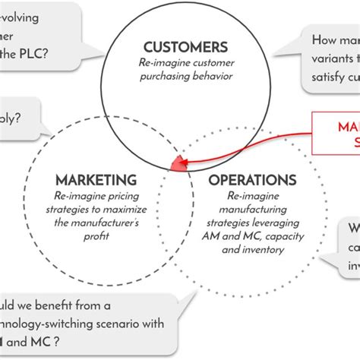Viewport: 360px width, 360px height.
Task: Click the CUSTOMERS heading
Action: coord(185,47)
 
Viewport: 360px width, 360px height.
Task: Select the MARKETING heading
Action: coord(96,180)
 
